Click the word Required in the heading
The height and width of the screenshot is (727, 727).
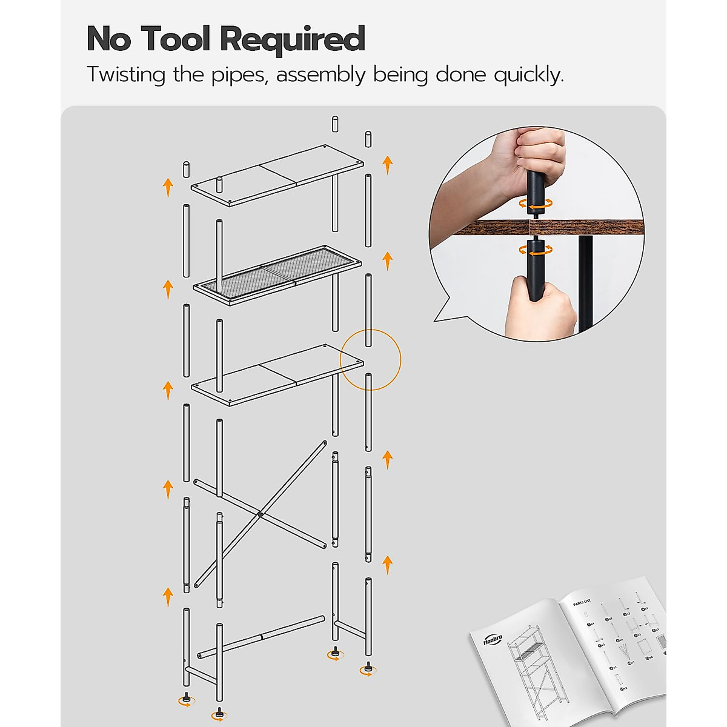[x=293, y=40]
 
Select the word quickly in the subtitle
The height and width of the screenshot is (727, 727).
[x=528, y=75]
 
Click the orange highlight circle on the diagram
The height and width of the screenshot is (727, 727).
[x=371, y=360]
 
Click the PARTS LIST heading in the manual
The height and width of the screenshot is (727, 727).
[x=582, y=603]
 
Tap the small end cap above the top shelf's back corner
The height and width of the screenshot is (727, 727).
[x=335, y=124]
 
